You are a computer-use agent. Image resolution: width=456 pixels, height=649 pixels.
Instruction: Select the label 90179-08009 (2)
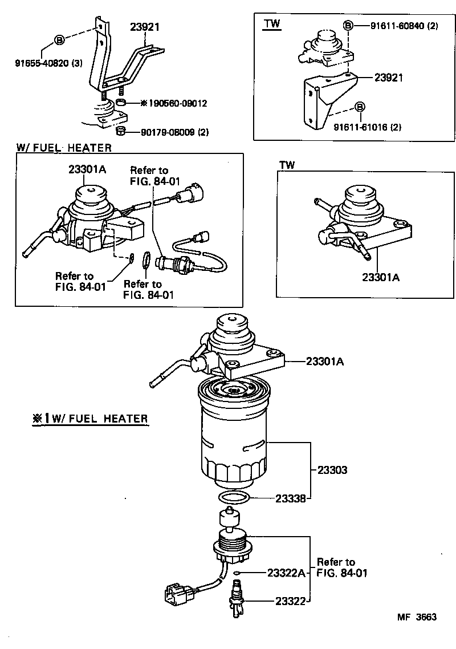pos(174,132)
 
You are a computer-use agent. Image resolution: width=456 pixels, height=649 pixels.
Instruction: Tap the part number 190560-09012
pos(177,103)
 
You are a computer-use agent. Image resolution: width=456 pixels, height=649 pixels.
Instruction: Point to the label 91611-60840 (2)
pos(404,26)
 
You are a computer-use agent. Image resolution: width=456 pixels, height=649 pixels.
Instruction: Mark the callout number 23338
pos(291,498)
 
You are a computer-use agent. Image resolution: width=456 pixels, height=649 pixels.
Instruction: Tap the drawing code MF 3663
pos(417,617)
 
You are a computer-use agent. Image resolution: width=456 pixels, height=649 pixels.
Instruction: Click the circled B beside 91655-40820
pos(59,40)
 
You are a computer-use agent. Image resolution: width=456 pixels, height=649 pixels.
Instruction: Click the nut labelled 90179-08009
pos(120,132)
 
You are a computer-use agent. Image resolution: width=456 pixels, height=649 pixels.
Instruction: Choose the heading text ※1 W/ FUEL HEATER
pos(90,419)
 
